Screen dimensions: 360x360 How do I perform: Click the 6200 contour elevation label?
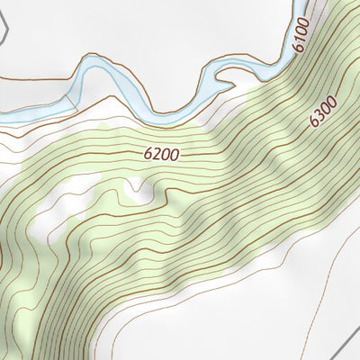[161, 154]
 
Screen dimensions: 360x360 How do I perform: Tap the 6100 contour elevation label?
[301, 33]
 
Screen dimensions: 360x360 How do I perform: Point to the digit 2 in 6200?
[155, 154]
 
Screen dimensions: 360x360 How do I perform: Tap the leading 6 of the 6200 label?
[148, 154]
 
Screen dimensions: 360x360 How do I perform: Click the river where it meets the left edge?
[3, 115]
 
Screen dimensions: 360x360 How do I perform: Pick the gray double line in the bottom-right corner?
[343, 341]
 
